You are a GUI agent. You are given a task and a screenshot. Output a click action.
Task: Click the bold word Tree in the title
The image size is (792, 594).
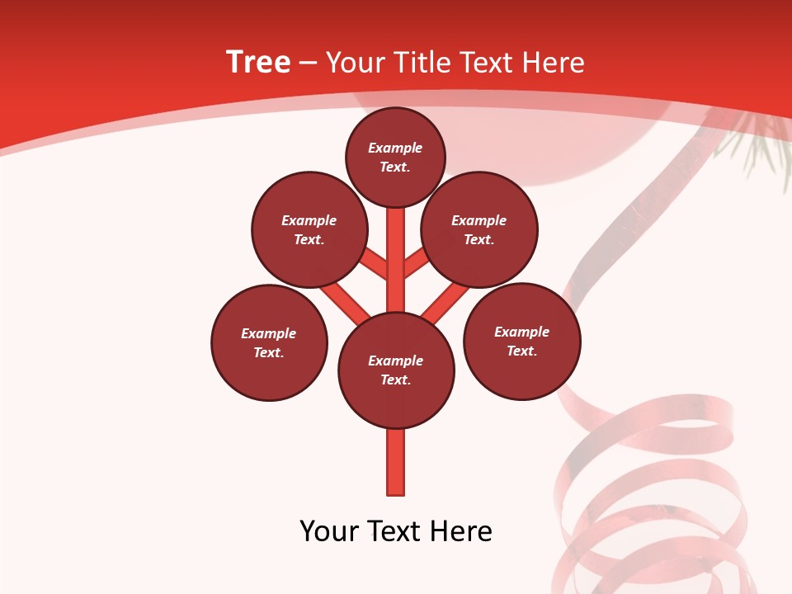[258, 63]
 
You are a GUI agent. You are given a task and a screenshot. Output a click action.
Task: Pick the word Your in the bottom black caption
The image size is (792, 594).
[329, 531]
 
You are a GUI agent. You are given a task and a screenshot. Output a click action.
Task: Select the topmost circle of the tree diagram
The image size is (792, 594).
[395, 157]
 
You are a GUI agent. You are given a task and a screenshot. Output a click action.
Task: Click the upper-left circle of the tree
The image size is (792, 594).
[309, 229]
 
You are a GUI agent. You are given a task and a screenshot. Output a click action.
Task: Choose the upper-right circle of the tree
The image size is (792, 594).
[478, 229]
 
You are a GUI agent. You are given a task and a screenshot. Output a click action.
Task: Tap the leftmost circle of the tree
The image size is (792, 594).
[269, 342]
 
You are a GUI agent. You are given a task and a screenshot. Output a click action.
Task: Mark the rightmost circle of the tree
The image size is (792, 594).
[521, 341]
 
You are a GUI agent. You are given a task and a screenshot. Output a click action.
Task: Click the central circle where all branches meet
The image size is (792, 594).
[396, 370]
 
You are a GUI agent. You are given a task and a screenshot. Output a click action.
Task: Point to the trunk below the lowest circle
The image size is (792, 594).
[396, 462]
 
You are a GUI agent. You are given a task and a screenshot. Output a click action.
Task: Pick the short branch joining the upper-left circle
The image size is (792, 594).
[375, 263]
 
